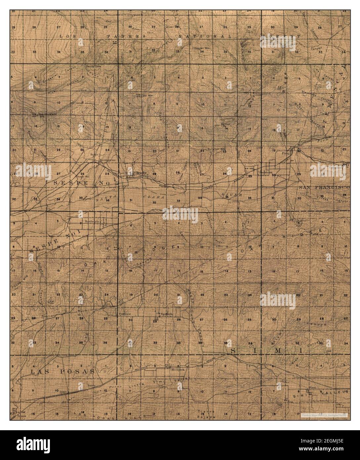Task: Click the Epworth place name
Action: click(x=165, y=313)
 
